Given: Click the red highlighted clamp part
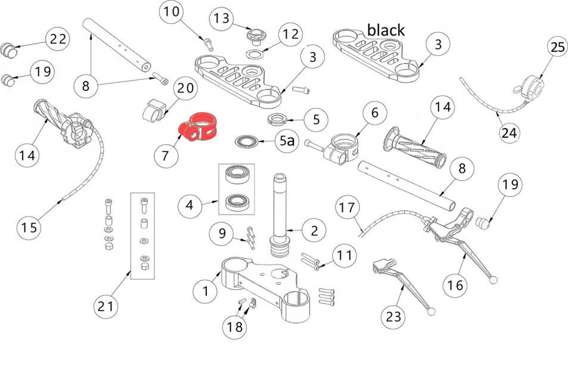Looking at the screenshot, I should [198, 127].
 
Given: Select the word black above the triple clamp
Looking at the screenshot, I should [386, 29].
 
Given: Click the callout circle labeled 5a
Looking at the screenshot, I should [287, 142].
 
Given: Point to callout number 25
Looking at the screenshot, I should [558, 48].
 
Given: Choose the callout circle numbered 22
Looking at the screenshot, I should [58, 39].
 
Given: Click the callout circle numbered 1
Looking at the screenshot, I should [206, 291].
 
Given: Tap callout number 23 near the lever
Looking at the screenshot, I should [394, 316].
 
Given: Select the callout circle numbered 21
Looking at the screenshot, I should [105, 307].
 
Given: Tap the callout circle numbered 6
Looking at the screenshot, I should [374, 112].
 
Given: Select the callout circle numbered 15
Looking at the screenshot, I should [29, 227].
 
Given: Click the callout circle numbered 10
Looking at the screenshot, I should [171, 11].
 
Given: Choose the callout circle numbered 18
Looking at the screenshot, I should [234, 326].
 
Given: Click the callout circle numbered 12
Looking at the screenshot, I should [291, 35].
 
